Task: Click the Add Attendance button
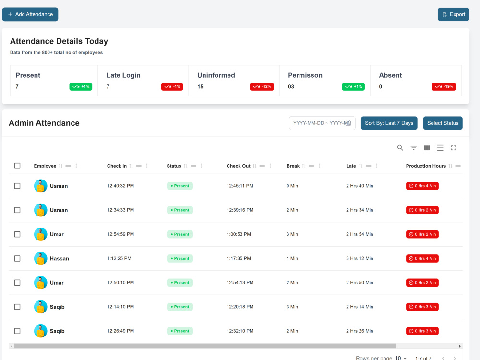[x=30, y=14]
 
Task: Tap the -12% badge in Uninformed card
[x=262, y=86]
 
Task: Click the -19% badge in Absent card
[x=444, y=86]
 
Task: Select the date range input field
[x=322, y=123]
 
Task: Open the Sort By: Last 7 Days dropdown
[x=389, y=123]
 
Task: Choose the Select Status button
[x=443, y=123]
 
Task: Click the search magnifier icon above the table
[x=400, y=148]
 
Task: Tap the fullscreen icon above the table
[x=454, y=148]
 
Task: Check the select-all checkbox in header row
[x=17, y=166]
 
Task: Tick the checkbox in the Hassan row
[x=17, y=258]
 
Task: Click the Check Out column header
[x=239, y=166]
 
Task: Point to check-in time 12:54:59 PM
[x=120, y=234]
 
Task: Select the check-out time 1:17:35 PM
[x=239, y=258]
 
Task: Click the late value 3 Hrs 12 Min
[x=360, y=258]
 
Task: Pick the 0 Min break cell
[x=292, y=186]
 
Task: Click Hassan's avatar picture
[x=40, y=258]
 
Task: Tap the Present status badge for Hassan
[x=180, y=258]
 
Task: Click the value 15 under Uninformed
[x=200, y=86]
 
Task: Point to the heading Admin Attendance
[x=44, y=123]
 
